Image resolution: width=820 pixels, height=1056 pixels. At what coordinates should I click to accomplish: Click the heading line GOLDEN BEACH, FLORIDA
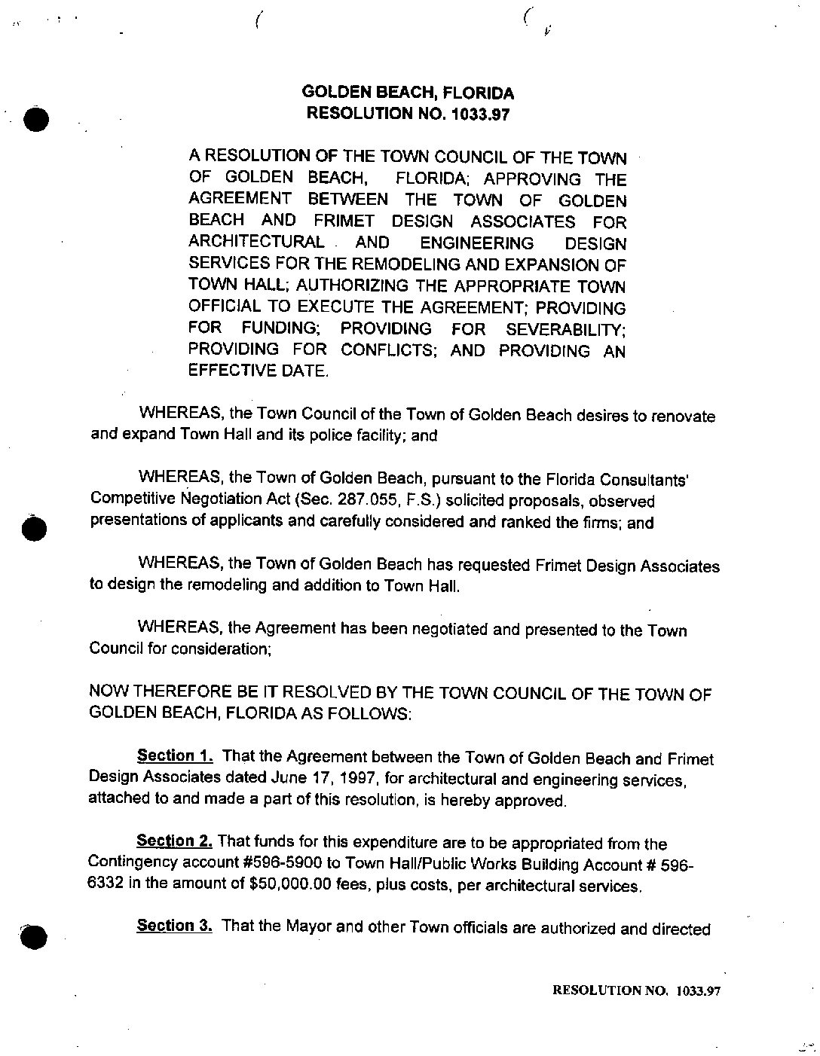point(408,93)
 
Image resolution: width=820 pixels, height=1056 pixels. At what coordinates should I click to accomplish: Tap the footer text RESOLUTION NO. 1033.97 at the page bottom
point(637,991)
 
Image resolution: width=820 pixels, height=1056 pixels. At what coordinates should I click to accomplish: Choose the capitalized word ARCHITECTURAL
point(256,243)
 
